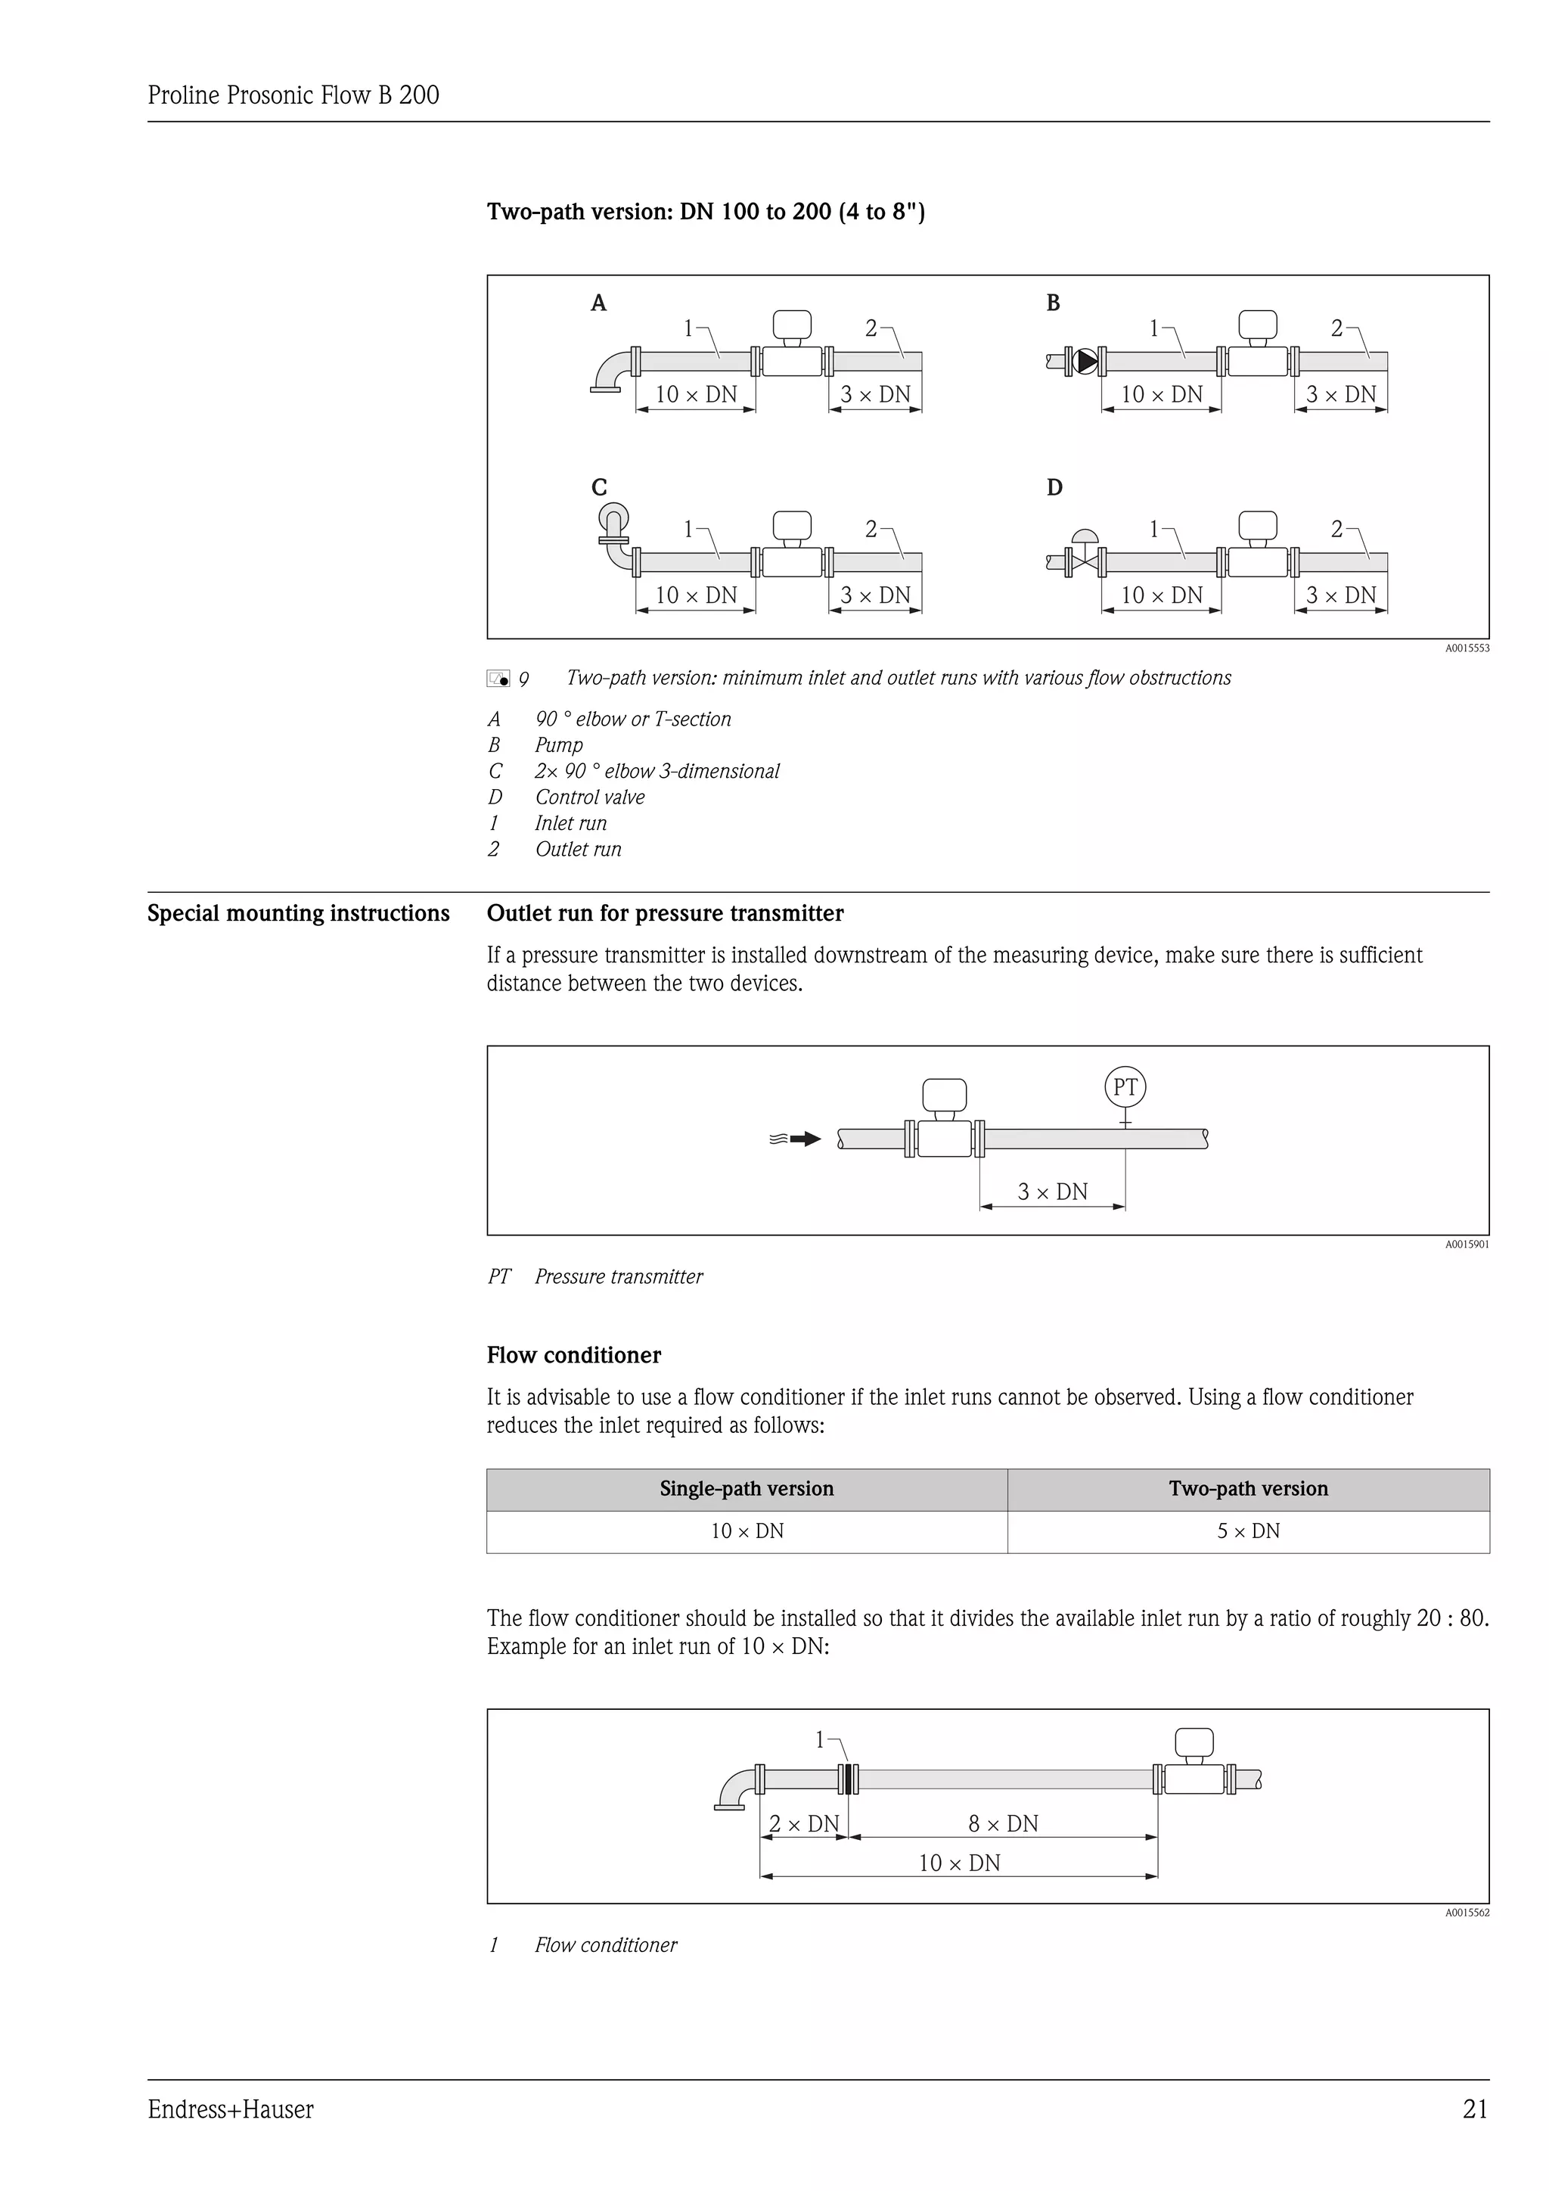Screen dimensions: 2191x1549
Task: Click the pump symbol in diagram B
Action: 1085,362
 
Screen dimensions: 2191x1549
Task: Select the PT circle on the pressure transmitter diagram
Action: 1125,1087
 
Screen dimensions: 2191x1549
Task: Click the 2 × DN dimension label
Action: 803,1823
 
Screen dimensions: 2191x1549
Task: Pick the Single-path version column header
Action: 746,1489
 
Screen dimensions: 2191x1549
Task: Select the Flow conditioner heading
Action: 573,1355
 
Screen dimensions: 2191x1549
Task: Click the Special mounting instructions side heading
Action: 297,913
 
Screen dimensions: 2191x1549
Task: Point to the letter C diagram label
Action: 599,488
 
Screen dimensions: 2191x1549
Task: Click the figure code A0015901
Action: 1466,1245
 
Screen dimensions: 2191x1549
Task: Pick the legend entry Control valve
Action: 589,797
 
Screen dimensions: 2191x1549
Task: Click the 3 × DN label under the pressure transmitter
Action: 1052,1192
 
